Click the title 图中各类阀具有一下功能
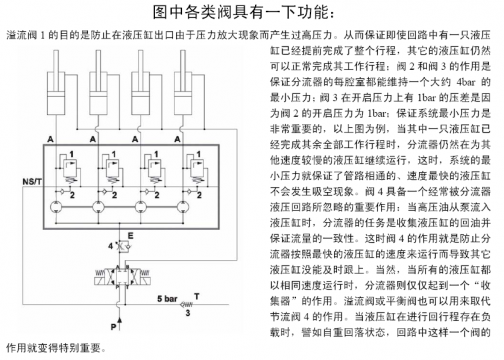click(253, 13)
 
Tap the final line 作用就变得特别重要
click(56, 349)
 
